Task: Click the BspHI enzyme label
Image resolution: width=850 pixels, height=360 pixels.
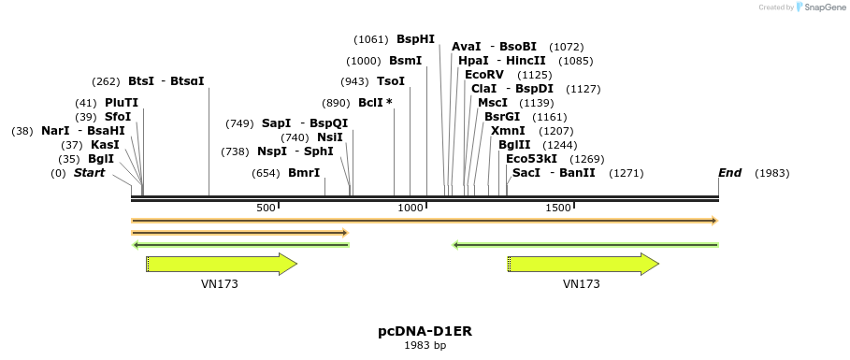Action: point(415,39)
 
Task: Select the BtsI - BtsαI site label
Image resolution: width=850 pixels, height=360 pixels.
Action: point(166,81)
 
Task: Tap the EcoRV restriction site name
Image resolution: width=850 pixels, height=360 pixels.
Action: point(483,75)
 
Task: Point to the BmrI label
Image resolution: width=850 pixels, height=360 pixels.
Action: point(304,173)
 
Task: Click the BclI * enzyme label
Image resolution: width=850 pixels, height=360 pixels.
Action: point(375,103)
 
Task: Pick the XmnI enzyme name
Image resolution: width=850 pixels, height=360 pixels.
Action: point(507,131)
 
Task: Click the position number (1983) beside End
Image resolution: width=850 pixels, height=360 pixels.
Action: point(771,173)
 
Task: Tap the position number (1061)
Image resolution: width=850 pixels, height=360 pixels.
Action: point(371,39)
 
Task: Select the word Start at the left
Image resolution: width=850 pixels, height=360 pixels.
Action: point(89,173)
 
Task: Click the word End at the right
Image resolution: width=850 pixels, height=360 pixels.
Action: point(729,173)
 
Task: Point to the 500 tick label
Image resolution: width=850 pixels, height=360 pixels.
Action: point(266,208)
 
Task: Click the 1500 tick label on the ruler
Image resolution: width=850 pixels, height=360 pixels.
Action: point(558,208)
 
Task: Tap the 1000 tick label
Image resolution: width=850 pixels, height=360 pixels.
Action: point(411,208)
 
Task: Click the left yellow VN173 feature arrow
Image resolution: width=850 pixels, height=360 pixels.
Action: point(222,264)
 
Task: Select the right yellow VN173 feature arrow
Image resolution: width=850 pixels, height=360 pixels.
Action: point(583,264)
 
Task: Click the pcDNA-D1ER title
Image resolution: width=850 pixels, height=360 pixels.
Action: point(425,331)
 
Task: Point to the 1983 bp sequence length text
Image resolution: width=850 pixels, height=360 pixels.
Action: point(425,346)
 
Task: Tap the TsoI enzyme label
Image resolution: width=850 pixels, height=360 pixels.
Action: point(391,81)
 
